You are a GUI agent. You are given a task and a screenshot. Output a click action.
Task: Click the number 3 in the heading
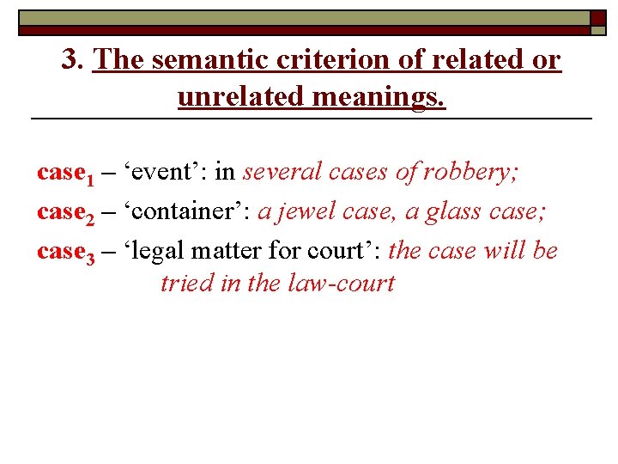click(x=70, y=60)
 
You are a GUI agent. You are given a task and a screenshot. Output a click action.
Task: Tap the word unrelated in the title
click(x=241, y=96)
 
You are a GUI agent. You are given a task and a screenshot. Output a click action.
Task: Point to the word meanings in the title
click(x=379, y=96)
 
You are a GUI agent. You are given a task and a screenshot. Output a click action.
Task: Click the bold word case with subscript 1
click(x=59, y=172)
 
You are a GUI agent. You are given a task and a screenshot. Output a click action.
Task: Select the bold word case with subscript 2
click(x=59, y=211)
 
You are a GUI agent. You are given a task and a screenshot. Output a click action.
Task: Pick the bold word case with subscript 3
click(x=59, y=251)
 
